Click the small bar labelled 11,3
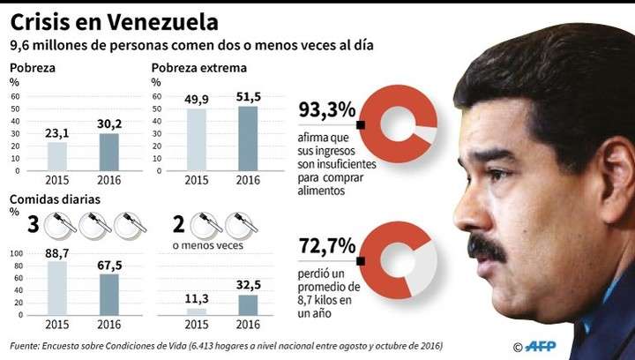197,310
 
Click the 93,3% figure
326,111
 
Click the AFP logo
545,345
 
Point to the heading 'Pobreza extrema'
198,68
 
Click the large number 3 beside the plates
34,225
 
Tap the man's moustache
484,249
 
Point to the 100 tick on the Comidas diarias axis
16,254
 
